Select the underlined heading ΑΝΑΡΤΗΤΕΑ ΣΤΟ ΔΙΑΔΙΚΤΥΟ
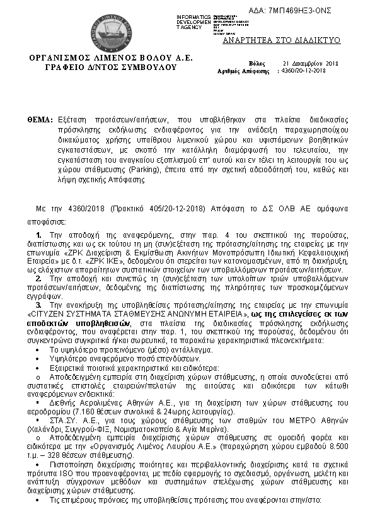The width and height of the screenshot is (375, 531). tap(282, 40)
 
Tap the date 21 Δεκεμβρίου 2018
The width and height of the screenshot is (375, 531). tap(311, 64)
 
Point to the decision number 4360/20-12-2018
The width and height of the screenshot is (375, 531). tap(304, 71)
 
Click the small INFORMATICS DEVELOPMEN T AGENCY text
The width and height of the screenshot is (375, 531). tap(195, 20)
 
